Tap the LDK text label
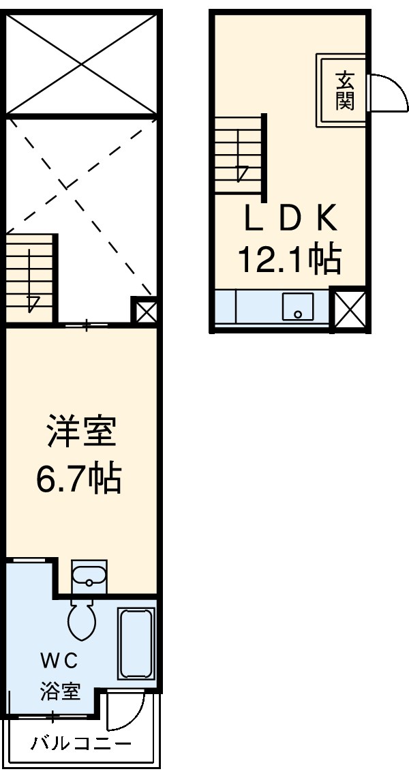pos(290,220)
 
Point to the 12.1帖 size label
pos(289,259)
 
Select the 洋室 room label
pos(81,434)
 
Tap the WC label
pos(59,660)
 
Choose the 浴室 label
pos(59,691)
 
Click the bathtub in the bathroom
pos(136,644)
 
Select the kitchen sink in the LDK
pos(298,306)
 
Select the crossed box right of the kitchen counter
pos(350,310)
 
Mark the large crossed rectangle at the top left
pos(82,63)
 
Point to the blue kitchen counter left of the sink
pos(248,306)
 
